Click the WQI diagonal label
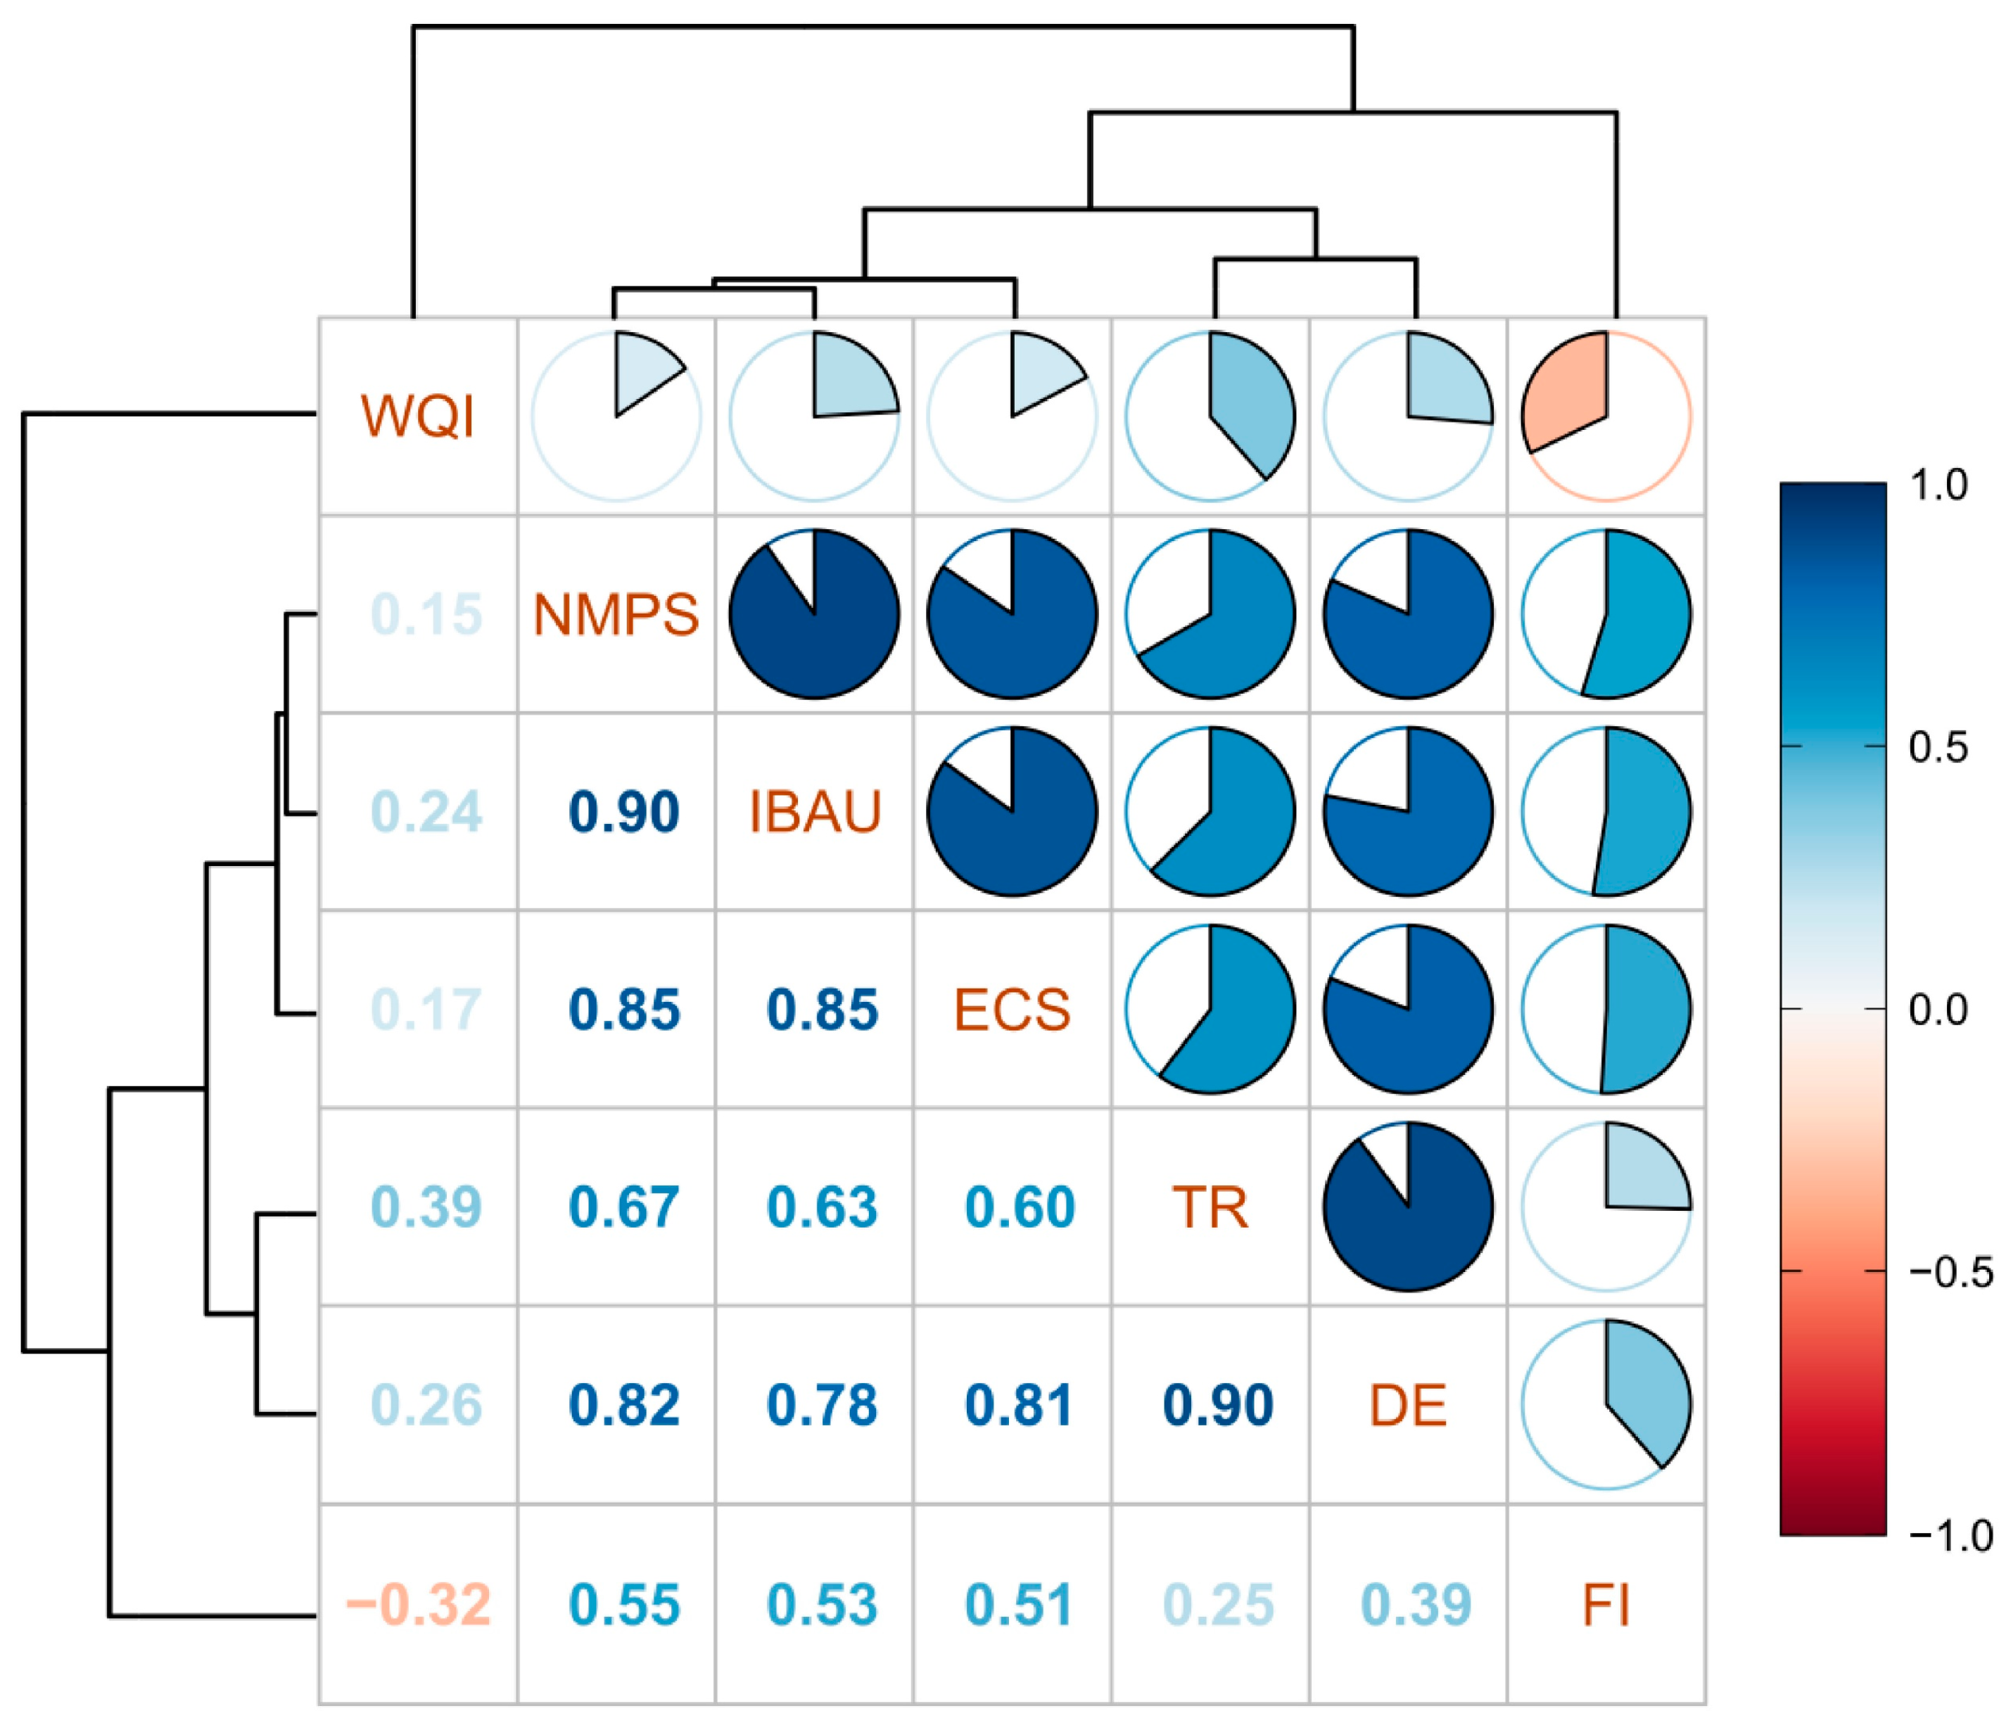click(x=418, y=416)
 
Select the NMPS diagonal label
click(x=616, y=615)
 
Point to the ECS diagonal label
click(x=1012, y=1010)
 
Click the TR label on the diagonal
click(x=1210, y=1207)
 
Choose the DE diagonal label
click(x=1408, y=1405)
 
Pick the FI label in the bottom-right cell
click(x=1606, y=1604)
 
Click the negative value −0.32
click(x=418, y=1604)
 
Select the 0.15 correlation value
click(x=426, y=615)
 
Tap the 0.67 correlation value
click(x=624, y=1207)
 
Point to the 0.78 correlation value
click(x=822, y=1405)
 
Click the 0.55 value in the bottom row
click(x=624, y=1604)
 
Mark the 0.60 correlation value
click(x=1020, y=1207)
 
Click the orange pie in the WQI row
click(x=1606, y=416)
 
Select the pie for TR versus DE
click(x=1408, y=1207)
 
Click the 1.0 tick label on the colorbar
click(x=1939, y=485)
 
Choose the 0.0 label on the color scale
click(x=1938, y=1010)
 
